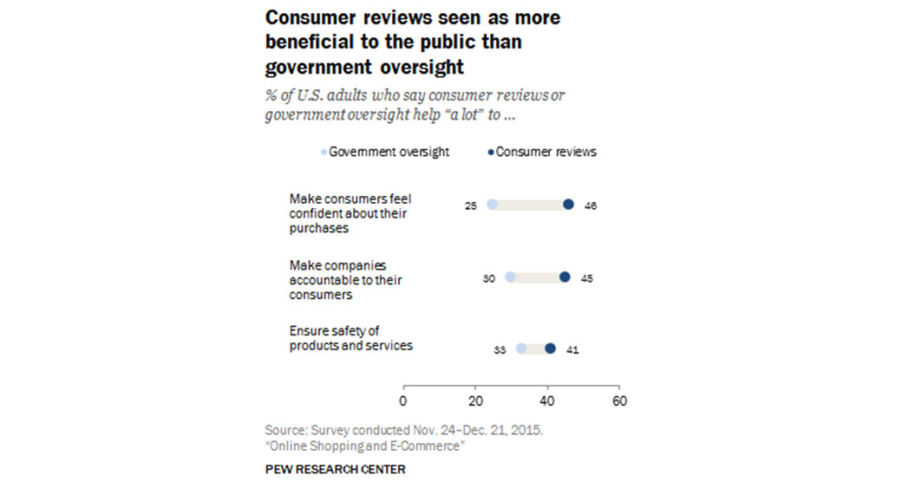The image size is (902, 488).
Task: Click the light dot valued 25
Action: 493,205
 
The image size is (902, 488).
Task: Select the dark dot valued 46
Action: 568,205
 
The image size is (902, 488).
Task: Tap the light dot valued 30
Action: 510,277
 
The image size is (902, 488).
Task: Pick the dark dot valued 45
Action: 565,277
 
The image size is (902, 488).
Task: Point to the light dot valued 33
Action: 521,348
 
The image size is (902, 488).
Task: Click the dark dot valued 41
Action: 550,348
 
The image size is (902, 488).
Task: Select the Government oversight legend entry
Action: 385,152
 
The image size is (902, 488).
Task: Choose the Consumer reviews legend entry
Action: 542,152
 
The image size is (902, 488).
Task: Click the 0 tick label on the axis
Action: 403,401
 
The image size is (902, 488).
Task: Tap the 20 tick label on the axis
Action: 475,401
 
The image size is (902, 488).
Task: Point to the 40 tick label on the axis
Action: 547,401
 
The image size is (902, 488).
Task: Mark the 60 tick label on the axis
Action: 619,401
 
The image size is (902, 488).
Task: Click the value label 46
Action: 591,205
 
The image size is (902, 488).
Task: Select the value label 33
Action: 499,349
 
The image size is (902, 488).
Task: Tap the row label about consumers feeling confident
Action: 350,213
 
